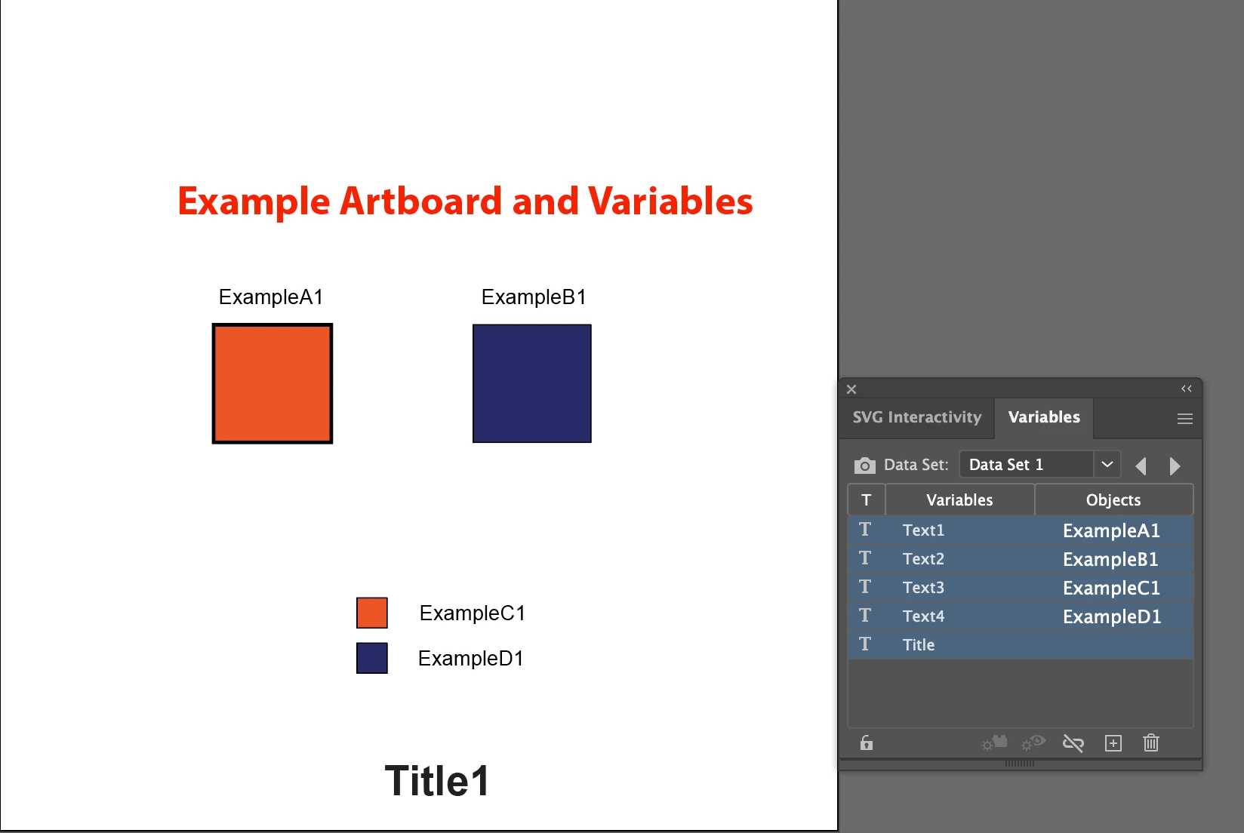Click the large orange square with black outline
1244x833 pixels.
pos(272,383)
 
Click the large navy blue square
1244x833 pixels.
pos(532,383)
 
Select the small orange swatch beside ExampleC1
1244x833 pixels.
pos(372,613)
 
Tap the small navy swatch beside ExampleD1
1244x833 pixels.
pos(372,658)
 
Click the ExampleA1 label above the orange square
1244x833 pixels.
pos(271,297)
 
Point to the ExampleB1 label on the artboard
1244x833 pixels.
pos(534,297)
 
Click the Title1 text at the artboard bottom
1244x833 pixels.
pos(437,780)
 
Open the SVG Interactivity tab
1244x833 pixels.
pos(917,416)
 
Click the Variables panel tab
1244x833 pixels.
pos(1044,416)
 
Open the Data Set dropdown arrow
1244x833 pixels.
pos(1107,464)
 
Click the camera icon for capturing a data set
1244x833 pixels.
pos(865,465)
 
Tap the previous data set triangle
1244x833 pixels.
pos(1141,466)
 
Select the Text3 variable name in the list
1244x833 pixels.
pos(923,587)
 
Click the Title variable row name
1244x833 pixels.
pos(919,645)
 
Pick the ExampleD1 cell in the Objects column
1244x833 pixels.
pos(1112,616)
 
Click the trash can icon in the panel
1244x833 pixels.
pos(1150,742)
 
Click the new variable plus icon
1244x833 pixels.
pos(1113,743)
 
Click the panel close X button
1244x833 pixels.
pos(851,389)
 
